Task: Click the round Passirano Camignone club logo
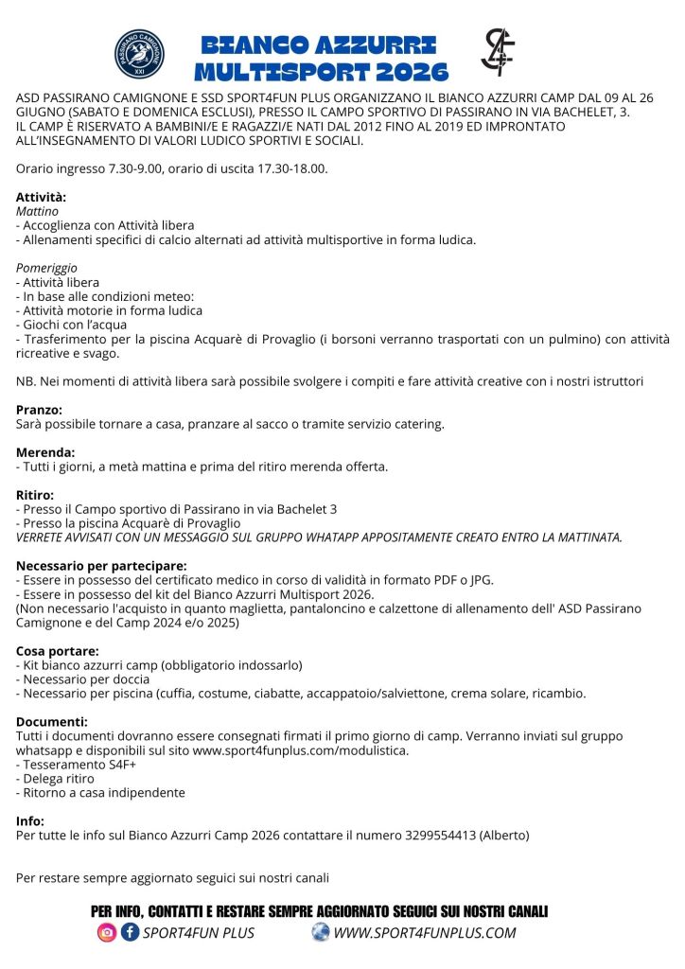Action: (139, 55)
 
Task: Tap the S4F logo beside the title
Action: (498, 52)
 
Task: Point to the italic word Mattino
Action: (37, 211)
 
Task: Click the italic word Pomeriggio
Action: (46, 268)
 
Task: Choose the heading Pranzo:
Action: (39, 410)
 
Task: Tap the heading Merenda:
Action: (44, 452)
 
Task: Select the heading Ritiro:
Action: (35, 495)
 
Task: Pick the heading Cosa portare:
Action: (58, 651)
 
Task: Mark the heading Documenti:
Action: (52, 722)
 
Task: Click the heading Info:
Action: (30, 821)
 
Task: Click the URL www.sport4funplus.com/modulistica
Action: (301, 750)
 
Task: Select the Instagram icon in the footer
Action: (107, 933)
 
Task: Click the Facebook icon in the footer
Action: (130, 933)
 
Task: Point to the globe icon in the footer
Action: (321, 933)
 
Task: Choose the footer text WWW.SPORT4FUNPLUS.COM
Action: (425, 933)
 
